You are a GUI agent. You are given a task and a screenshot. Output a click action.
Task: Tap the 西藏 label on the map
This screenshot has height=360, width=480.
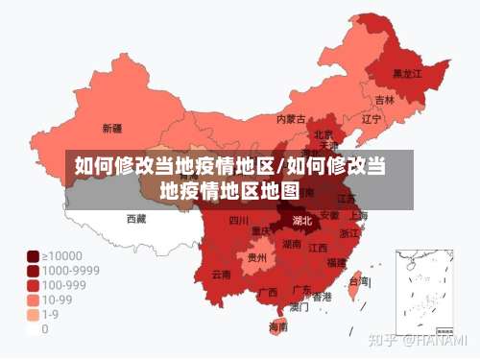pos(136,219)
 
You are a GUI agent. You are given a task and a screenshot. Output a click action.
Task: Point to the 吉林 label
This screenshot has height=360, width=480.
pos(384,100)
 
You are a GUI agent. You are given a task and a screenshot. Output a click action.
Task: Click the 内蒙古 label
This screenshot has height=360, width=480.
pos(291,120)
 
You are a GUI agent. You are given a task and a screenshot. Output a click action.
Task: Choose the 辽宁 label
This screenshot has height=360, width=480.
pos(372,119)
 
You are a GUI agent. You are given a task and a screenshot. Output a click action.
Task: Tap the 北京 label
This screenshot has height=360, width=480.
pos(324,135)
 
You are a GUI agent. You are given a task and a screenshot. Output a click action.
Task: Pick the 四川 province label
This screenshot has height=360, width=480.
pos(239,221)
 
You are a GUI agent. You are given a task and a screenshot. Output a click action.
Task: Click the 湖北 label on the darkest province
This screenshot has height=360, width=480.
pos(301,221)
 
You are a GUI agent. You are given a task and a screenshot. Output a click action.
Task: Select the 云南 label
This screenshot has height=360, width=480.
pos(221,275)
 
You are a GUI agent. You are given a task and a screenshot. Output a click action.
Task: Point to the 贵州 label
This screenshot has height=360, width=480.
pos(256,257)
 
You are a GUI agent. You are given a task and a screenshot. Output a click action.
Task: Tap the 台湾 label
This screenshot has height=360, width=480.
pos(357,281)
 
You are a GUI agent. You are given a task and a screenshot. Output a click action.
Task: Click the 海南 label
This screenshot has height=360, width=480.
pos(278,326)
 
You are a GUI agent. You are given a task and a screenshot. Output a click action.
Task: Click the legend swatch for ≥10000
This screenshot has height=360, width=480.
pos(33,255)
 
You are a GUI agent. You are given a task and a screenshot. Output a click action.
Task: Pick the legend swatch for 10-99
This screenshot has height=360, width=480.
pos(33,300)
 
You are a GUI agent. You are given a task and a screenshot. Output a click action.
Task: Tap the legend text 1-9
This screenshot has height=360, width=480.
pos(50,314)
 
